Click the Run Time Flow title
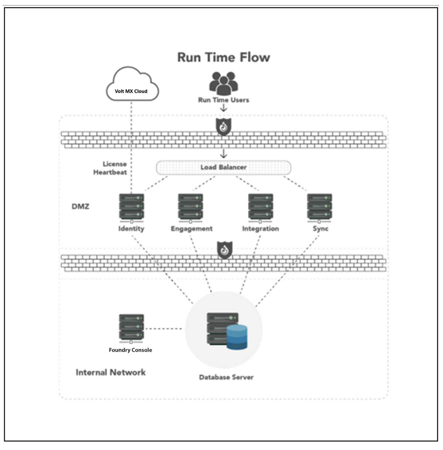(x=223, y=57)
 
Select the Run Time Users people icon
(x=223, y=83)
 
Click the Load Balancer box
(x=223, y=167)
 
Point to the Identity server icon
(x=131, y=207)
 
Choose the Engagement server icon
(x=191, y=207)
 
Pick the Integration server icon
(x=260, y=207)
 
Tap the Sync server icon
(x=319, y=207)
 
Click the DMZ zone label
(x=80, y=207)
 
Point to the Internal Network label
(x=110, y=372)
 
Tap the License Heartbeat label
(x=110, y=168)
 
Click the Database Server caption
(x=226, y=377)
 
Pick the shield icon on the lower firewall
(x=225, y=250)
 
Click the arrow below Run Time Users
(x=224, y=108)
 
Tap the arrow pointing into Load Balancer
(x=224, y=154)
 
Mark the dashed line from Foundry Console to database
(x=163, y=328)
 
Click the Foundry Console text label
(x=130, y=350)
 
